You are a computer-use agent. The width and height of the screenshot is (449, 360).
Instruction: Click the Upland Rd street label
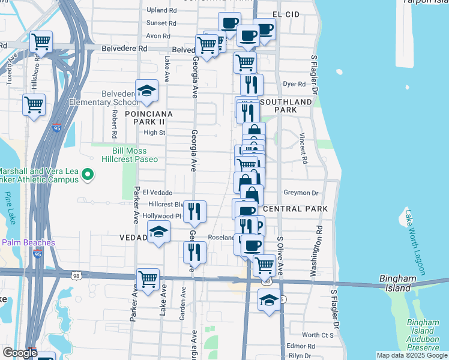point(161,10)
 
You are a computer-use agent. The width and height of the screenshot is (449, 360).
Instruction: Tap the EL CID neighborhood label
point(286,14)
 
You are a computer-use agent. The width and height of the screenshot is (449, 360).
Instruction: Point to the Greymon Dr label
point(301,193)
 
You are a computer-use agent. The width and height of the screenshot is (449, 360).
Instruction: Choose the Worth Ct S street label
point(318,335)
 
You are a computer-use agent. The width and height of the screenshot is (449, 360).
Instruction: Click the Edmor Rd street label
point(301,346)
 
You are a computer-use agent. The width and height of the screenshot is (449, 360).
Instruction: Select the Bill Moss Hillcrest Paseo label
point(135,155)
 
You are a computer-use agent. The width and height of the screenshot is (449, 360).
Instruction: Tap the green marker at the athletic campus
point(88,175)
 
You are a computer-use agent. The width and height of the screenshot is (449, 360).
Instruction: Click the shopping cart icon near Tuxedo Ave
point(41,43)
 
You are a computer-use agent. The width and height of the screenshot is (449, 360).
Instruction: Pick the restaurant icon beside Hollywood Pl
point(194,212)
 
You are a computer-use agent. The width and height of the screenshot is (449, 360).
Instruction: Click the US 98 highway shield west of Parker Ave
point(76,275)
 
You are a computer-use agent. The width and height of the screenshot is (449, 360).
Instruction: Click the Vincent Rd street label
point(303,149)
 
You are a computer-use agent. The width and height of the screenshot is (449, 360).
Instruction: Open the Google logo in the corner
point(19,353)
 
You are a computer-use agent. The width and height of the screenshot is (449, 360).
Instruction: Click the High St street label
point(154,133)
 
